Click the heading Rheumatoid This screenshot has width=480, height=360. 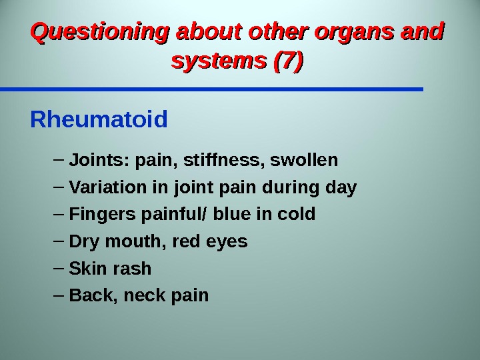(99, 121)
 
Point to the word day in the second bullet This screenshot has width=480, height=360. (342, 189)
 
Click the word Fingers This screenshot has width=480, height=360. (97, 215)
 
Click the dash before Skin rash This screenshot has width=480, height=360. (57, 268)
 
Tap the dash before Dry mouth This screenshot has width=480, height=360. (57, 241)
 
